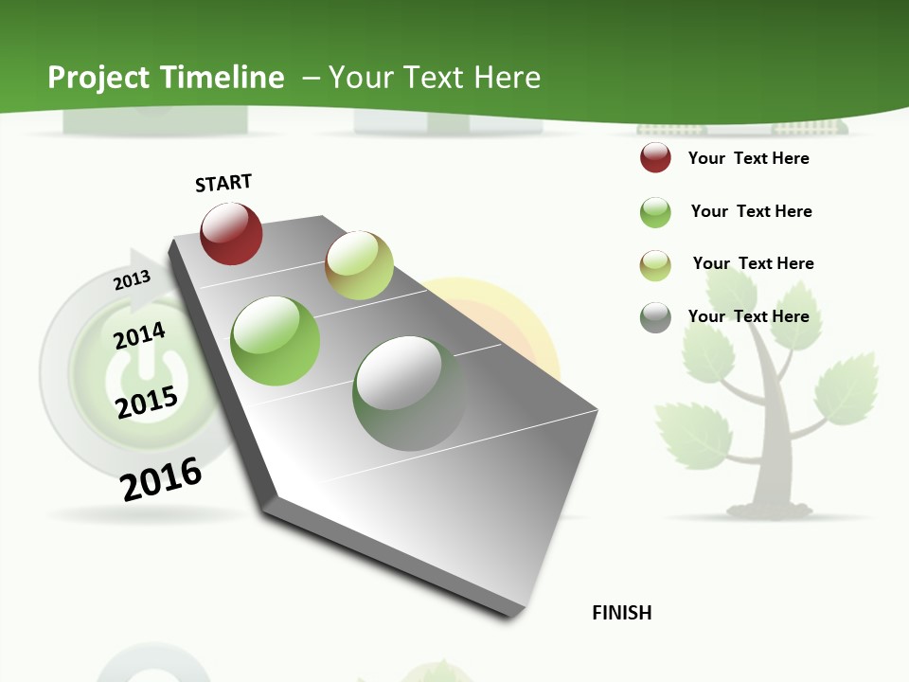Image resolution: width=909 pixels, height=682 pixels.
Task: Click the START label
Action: click(223, 183)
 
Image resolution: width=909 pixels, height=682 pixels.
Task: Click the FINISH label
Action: click(622, 613)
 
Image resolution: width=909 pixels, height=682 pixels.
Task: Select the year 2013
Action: click(133, 280)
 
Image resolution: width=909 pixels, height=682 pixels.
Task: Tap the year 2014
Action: click(140, 335)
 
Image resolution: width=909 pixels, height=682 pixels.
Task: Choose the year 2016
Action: click(162, 479)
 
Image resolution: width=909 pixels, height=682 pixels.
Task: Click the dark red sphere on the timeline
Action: click(231, 234)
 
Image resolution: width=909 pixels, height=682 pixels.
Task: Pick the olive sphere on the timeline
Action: click(359, 265)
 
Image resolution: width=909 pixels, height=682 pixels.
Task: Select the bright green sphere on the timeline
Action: click(276, 341)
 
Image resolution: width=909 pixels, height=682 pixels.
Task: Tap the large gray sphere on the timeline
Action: click(409, 393)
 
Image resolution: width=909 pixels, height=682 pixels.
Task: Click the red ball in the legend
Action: click(655, 158)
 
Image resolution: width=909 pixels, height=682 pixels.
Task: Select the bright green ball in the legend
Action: click(655, 212)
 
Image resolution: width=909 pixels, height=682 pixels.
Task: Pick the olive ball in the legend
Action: click(655, 265)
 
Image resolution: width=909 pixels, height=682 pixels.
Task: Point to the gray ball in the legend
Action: click(655, 317)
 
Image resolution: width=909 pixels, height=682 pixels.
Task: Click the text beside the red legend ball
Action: click(748, 158)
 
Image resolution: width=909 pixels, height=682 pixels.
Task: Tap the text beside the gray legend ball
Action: click(748, 316)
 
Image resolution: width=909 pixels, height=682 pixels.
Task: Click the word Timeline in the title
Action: click(223, 78)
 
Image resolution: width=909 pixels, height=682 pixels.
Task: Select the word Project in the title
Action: click(100, 78)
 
